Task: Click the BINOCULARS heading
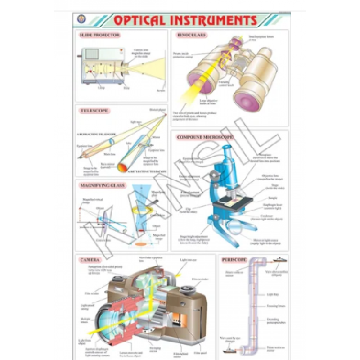pos(192,35)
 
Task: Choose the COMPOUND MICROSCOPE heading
pos(205,137)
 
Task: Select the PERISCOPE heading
pos(233,260)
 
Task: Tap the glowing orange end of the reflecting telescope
pos(123,168)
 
